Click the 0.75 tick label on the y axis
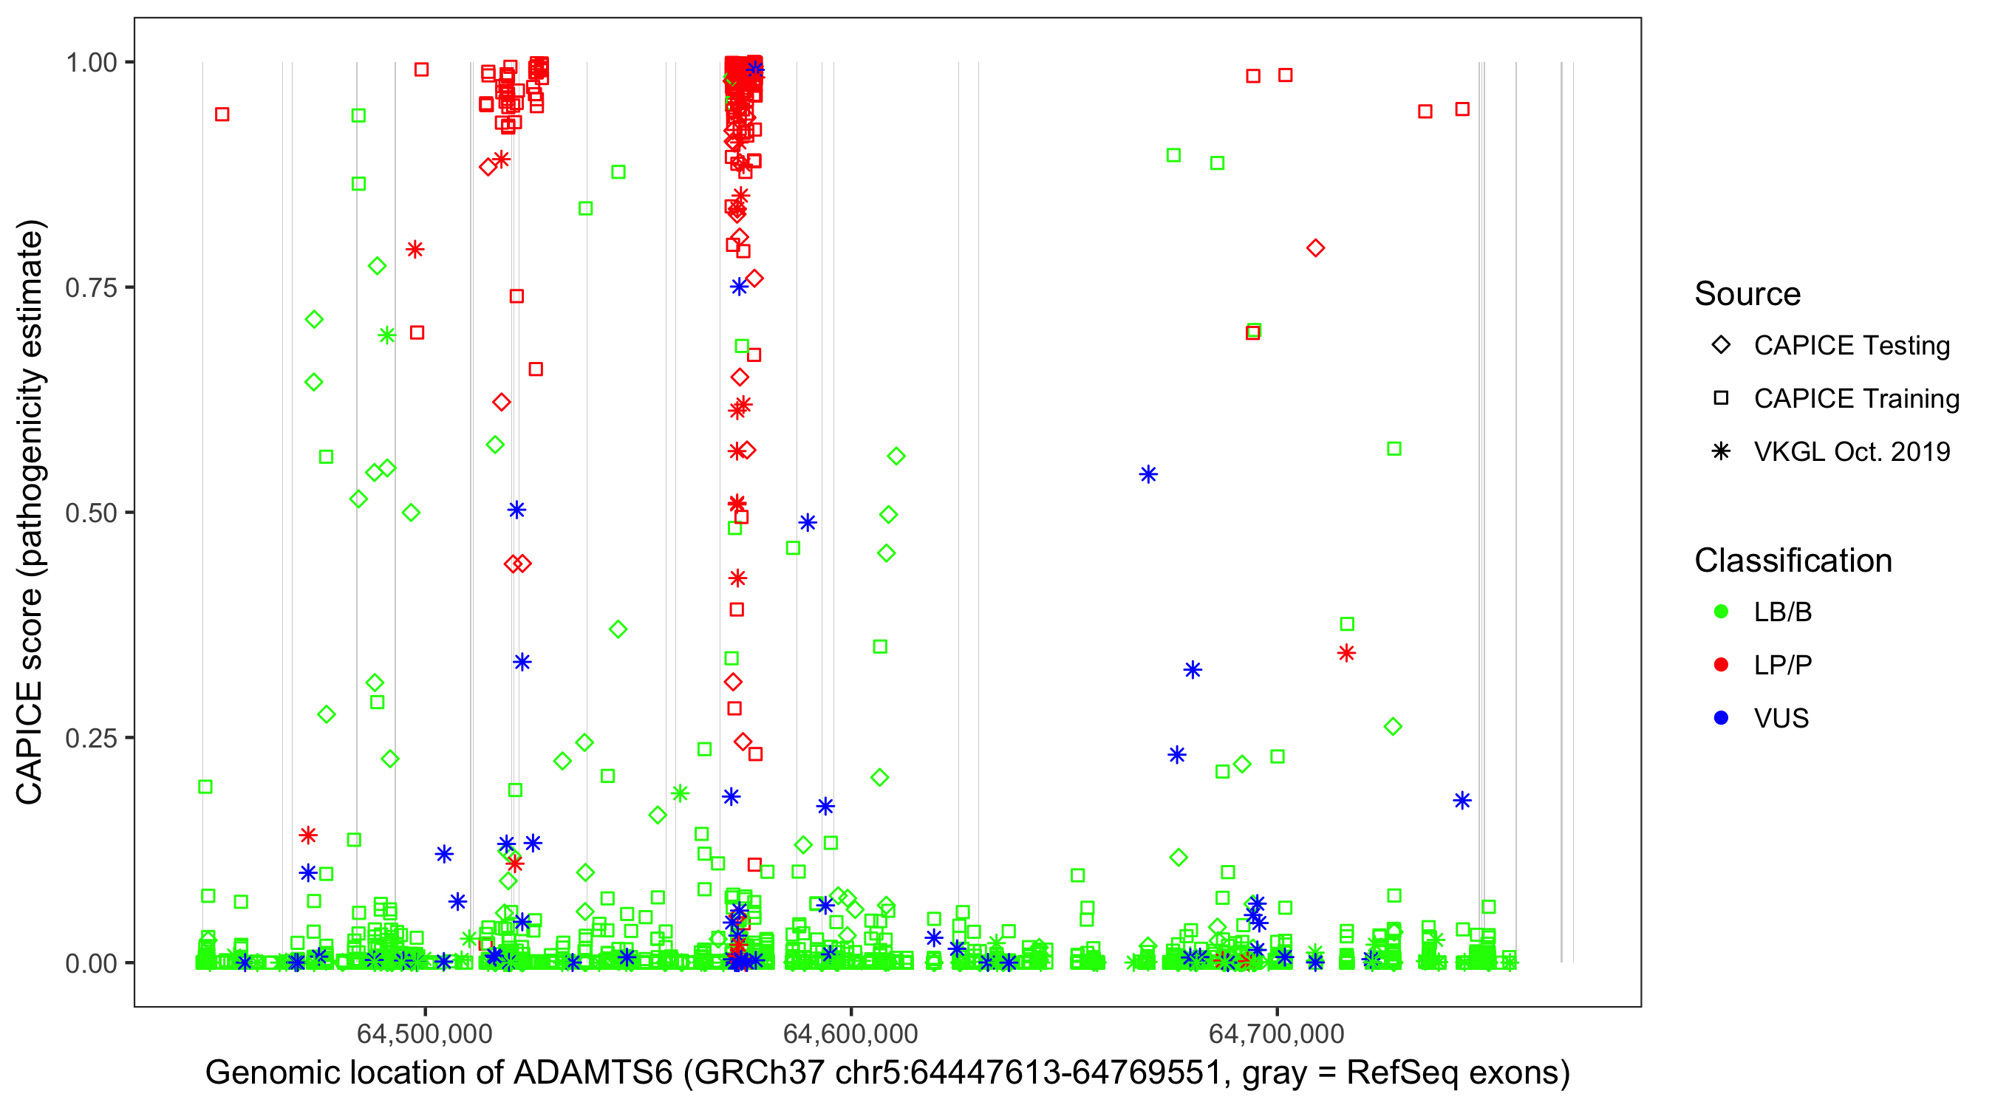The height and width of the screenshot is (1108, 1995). tap(91, 288)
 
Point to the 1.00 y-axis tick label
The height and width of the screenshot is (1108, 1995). tap(91, 63)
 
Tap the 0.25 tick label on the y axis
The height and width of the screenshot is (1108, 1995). tap(91, 739)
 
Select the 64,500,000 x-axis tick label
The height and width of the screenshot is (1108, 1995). tap(424, 1033)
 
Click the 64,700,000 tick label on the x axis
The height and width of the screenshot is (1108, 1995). tap(1276, 1033)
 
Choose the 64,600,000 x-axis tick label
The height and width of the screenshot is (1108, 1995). tap(850, 1033)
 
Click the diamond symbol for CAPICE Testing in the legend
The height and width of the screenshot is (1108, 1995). tap(1721, 346)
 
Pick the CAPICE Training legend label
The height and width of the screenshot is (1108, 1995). tap(1856, 399)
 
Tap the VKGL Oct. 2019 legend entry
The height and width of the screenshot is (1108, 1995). tap(1852, 452)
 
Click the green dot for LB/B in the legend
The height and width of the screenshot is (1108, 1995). tap(1721, 612)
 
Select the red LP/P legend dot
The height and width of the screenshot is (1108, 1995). tap(1721, 665)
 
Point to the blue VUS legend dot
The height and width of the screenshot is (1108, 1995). tap(1721, 719)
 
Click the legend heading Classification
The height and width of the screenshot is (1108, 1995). tap(1793, 561)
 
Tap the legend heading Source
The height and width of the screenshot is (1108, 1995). tap(1747, 294)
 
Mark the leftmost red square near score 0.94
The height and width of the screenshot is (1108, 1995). tap(222, 114)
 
